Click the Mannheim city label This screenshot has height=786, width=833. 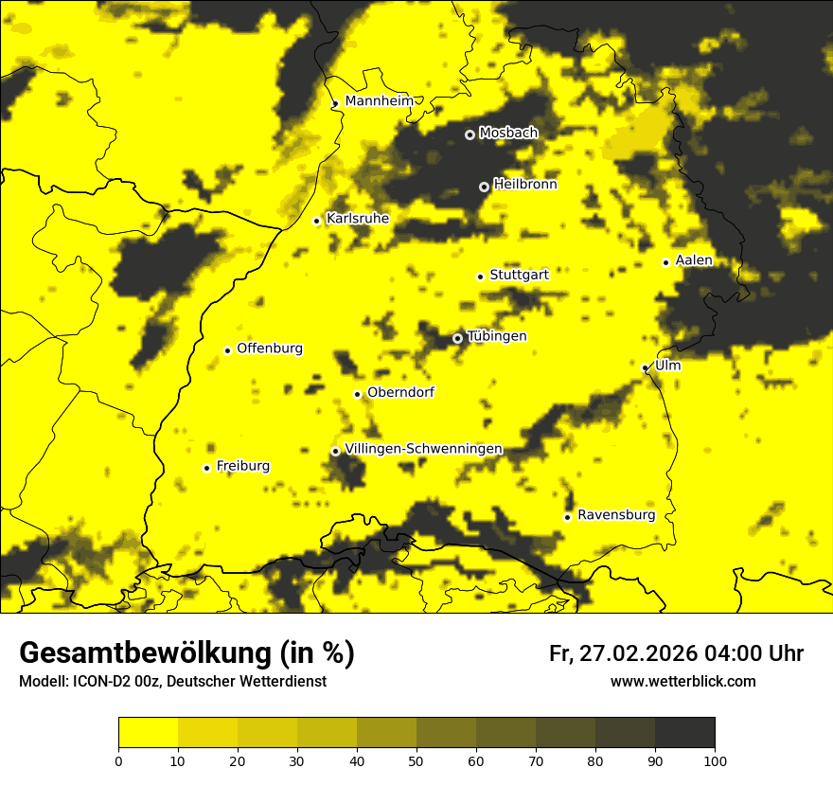coord(380,101)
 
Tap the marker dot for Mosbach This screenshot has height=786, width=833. coord(470,134)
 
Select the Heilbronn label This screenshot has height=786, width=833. coord(525,185)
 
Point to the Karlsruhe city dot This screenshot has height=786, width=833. coord(317,221)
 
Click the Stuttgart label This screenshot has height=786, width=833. coord(519,275)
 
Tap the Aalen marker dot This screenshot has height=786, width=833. coord(665,262)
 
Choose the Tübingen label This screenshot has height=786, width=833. coord(497,336)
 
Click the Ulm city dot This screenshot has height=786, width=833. coord(645,367)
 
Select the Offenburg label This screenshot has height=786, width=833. coord(270,348)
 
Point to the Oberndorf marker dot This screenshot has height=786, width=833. coord(357,394)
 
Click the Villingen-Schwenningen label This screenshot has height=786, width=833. coord(423,449)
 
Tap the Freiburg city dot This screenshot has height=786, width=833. coord(206,468)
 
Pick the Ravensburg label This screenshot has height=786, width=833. coord(616,515)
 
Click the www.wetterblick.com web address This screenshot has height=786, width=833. coord(682,682)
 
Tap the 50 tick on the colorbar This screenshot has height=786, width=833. coord(416,759)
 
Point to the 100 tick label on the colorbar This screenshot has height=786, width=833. coord(715,759)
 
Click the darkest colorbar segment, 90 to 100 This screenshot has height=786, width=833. coord(684,732)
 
